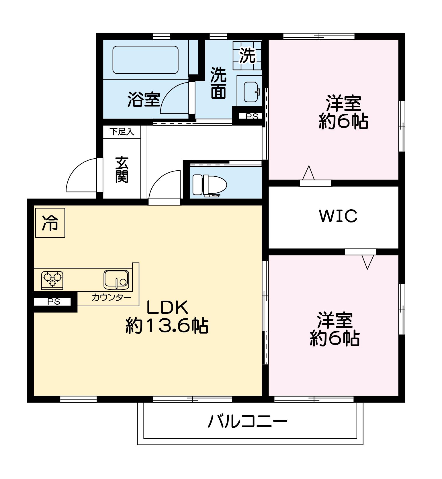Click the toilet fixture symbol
[x=210, y=185]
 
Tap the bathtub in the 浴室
[x=146, y=60]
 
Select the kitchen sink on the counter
[x=116, y=280]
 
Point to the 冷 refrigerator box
[x=50, y=223]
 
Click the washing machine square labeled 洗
[x=247, y=55]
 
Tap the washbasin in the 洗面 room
[x=252, y=92]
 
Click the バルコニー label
[x=248, y=421]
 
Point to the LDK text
[x=167, y=307]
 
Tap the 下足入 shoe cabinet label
[x=122, y=132]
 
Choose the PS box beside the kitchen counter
[x=54, y=302]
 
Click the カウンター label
[x=111, y=297]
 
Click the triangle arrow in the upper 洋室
[x=308, y=173]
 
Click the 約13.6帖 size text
[x=167, y=326]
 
